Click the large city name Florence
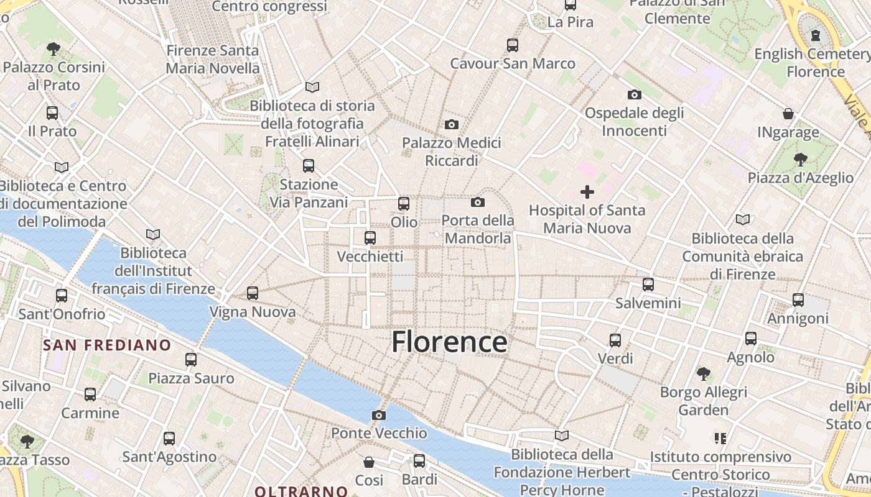[x=449, y=342]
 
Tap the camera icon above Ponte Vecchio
[x=379, y=415]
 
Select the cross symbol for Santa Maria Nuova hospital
[x=587, y=191]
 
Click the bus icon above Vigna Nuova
[x=253, y=293]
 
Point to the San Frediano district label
[x=107, y=345]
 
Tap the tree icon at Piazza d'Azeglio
[x=800, y=160]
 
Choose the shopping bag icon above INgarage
[x=788, y=114]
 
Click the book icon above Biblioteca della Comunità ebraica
[x=742, y=219]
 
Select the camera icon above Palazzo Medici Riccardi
[x=452, y=124]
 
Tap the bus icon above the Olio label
[x=404, y=203]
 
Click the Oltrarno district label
[x=301, y=491]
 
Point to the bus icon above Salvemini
[x=648, y=285]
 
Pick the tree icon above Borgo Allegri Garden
[x=704, y=374]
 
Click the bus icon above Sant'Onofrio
[x=62, y=296]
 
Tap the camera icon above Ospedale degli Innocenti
[x=635, y=94]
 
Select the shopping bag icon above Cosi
[x=369, y=462]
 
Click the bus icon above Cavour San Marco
[x=513, y=45]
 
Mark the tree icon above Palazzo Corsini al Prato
[x=54, y=48]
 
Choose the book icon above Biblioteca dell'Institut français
[x=153, y=234]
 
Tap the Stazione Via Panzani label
[x=309, y=194]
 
